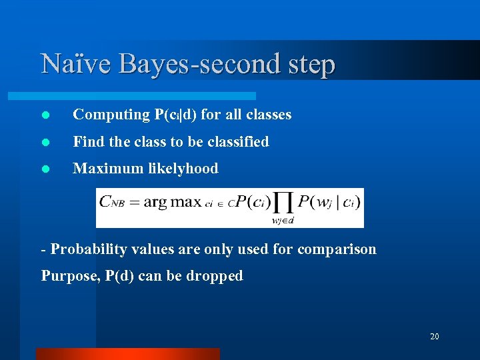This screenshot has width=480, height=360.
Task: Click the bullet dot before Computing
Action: coord(45,115)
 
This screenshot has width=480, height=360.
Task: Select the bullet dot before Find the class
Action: coord(45,142)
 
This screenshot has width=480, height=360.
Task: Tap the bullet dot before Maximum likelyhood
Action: coord(45,169)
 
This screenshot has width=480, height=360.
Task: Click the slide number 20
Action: coord(434,337)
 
